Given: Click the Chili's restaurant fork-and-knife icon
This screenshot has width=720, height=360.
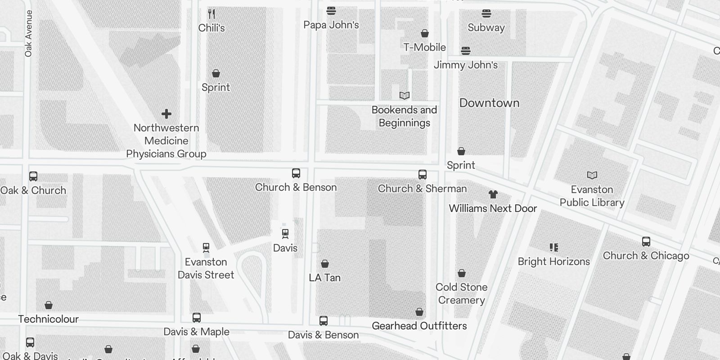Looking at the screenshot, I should click(211, 14).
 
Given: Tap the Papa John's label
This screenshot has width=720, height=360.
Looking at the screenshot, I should click(331, 25).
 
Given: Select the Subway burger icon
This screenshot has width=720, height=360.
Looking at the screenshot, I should click(486, 13).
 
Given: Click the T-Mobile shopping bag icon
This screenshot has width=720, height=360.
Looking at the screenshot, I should click(424, 33).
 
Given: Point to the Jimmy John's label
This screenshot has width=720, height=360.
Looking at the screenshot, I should click(466, 65).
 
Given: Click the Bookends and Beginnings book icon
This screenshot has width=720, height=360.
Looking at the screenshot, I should click(404, 95).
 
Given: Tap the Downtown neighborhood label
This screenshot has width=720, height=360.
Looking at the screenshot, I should click(489, 103).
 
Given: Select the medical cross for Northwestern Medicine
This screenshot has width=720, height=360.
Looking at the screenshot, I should click(166, 114).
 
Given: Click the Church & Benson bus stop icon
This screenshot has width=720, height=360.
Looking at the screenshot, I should click(296, 173).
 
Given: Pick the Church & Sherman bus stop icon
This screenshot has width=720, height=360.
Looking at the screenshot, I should click(422, 175).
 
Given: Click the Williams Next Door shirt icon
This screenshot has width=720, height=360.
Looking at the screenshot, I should click(493, 194).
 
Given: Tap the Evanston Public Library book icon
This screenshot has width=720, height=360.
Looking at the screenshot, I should click(592, 175).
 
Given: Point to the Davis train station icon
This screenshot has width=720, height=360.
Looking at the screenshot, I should click(285, 234).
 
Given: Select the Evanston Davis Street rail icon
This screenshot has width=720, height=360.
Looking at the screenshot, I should click(206, 247).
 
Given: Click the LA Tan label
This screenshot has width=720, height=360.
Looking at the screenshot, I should click(324, 278).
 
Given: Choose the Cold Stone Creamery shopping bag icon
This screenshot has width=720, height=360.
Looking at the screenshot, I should click(461, 273).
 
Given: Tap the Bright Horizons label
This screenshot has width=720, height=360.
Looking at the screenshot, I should click(553, 261).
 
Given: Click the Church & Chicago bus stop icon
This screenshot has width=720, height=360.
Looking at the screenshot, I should click(646, 242).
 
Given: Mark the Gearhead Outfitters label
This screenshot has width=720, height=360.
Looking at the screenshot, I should click(419, 326).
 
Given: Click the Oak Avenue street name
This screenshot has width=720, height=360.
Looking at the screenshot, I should click(29, 34).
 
